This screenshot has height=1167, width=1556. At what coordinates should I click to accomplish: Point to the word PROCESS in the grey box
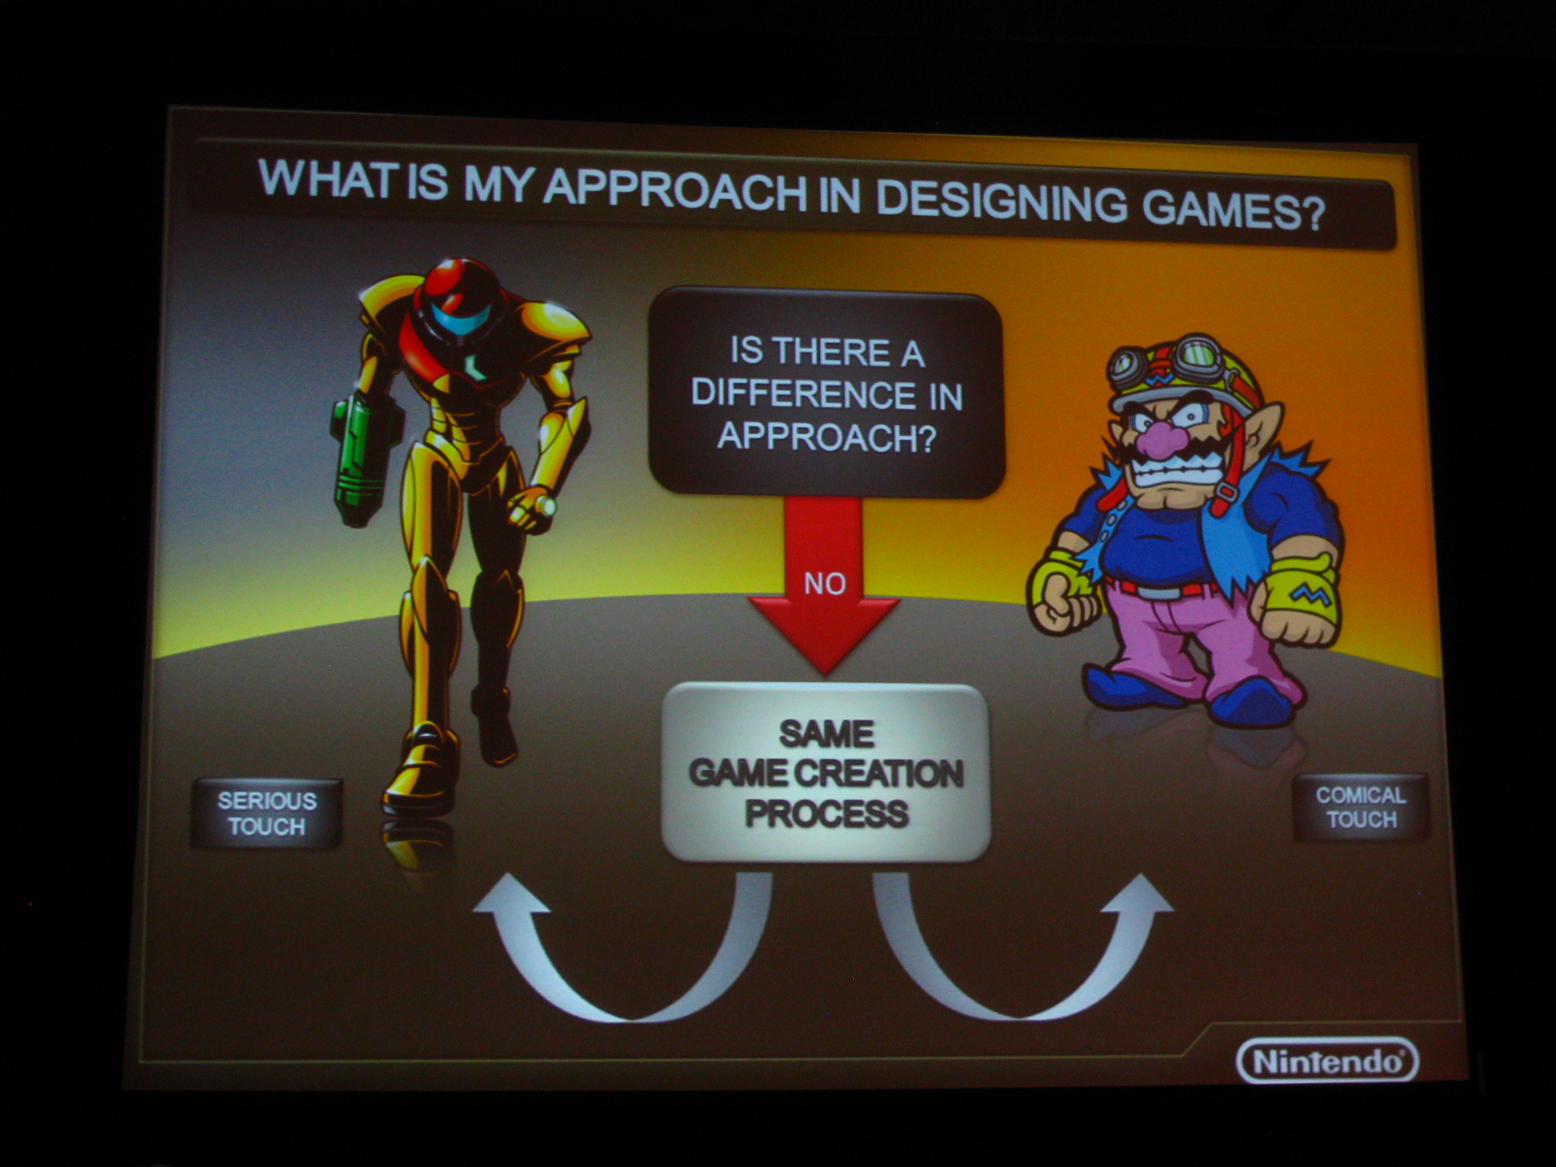pyautogui.click(x=827, y=814)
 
